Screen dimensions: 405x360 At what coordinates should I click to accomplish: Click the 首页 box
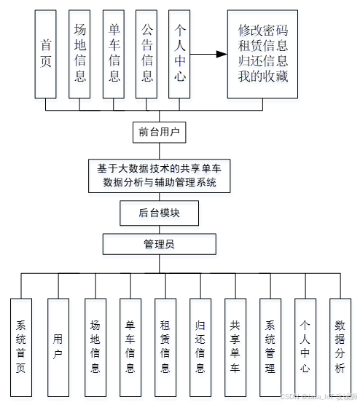[x=45, y=55]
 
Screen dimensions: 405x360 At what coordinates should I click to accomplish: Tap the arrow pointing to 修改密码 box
[x=208, y=55]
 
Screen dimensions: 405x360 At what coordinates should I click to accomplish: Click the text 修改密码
[x=263, y=31]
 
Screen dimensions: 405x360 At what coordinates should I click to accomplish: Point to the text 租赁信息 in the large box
[x=263, y=46]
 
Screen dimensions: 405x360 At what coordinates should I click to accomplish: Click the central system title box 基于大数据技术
[x=158, y=176]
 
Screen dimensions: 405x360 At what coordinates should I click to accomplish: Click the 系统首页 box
[x=21, y=347]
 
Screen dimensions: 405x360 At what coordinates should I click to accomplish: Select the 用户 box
[x=58, y=347]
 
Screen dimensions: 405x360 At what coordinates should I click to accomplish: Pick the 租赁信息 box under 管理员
[x=165, y=347]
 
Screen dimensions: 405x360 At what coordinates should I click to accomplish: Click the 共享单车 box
[x=235, y=347]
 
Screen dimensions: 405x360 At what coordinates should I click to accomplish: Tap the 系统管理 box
[x=270, y=347]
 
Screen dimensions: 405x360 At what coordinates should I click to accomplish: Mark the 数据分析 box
[x=340, y=347]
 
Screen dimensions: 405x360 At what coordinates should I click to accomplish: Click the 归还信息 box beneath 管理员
[x=200, y=347]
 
